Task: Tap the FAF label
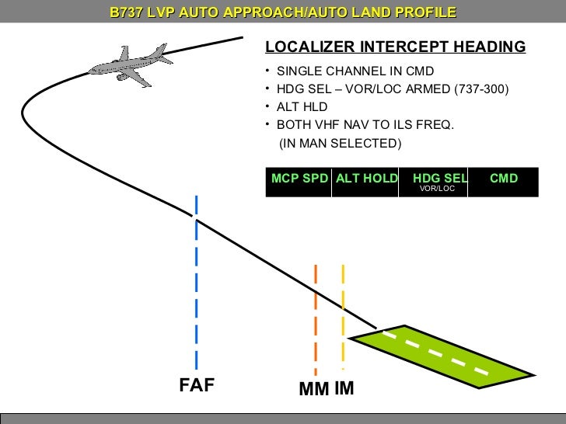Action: [196, 387]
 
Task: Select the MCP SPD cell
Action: [299, 179]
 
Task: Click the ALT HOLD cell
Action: [365, 179]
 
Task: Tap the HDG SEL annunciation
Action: [436, 178]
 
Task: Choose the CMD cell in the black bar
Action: [503, 179]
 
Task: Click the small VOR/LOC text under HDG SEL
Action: [436, 189]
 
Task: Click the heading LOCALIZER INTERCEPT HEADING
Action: [395, 47]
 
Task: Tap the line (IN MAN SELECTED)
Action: [340, 144]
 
